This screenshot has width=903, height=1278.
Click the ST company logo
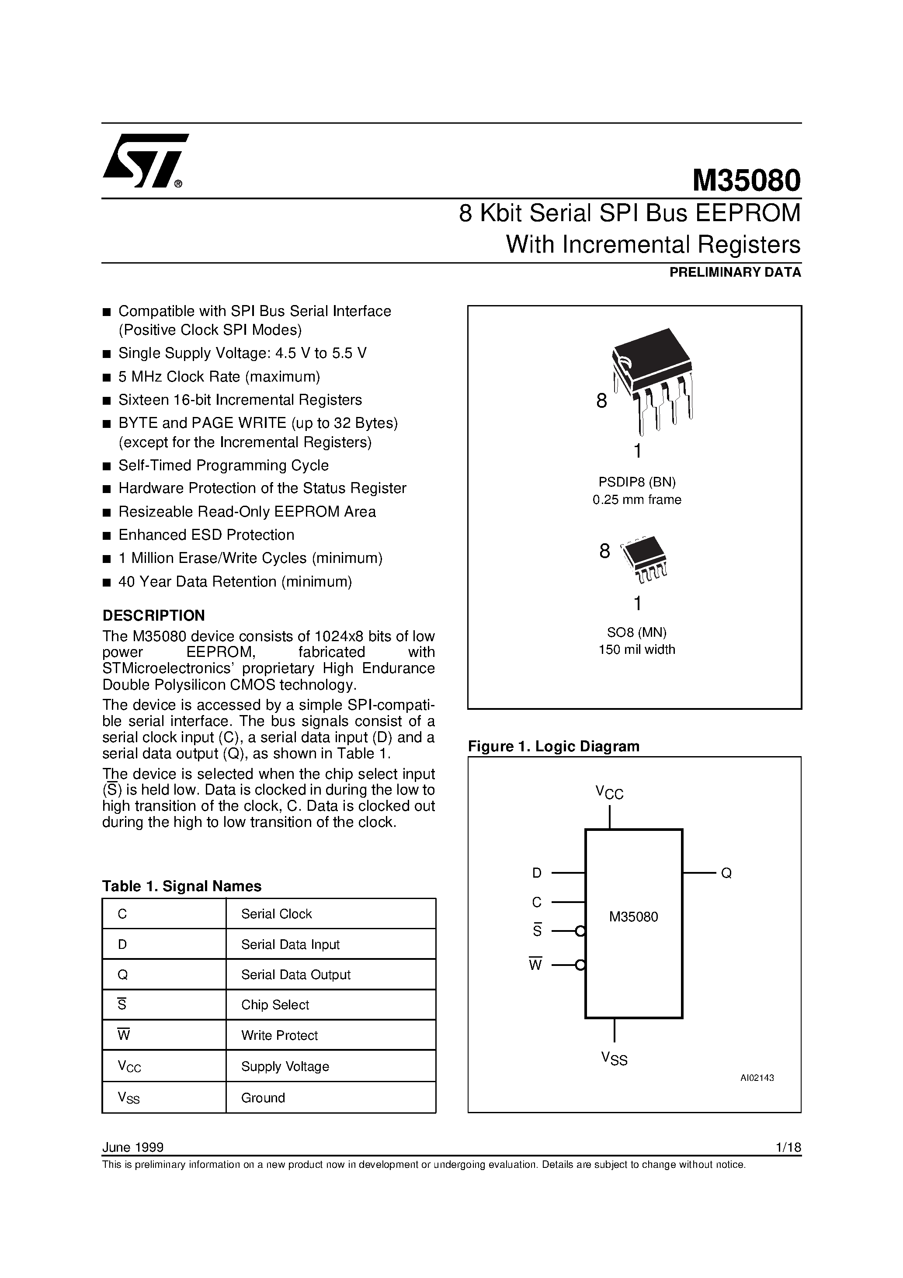click(145, 161)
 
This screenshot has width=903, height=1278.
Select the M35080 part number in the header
click(746, 181)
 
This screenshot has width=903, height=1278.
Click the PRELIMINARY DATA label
click(735, 272)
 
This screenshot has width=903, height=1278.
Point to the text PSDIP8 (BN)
click(637, 482)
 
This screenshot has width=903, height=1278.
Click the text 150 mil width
click(637, 649)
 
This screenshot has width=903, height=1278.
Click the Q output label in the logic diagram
click(726, 873)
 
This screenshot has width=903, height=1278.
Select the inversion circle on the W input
click(580, 965)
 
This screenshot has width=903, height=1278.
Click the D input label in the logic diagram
click(537, 873)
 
